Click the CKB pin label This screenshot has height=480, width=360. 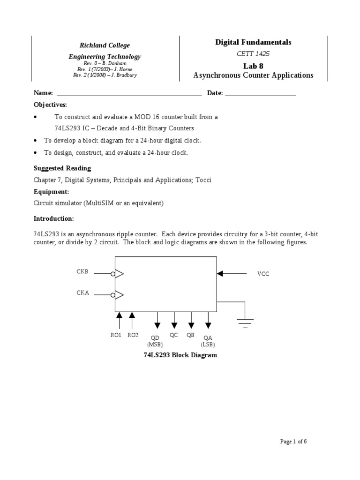point(82,271)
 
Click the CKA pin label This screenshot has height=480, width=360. point(82,292)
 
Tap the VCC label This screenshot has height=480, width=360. point(263,274)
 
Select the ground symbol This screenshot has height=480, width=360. point(245,322)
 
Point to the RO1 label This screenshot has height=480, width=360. point(115,335)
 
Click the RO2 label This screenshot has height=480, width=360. point(133,335)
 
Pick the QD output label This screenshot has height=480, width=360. point(155,337)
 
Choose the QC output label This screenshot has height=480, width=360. point(174,335)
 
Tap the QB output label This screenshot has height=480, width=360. point(190,335)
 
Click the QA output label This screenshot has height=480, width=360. point(208,337)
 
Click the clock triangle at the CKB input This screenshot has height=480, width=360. point(119,274)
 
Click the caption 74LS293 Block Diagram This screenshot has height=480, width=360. point(180,355)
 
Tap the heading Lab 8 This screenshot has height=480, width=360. point(253,66)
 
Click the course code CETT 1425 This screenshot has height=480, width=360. point(253,54)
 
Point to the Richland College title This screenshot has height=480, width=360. point(105,45)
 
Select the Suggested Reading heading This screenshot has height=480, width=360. point(62,168)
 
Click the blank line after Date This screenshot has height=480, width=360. point(261,93)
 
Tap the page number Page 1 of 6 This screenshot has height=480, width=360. point(293,441)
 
